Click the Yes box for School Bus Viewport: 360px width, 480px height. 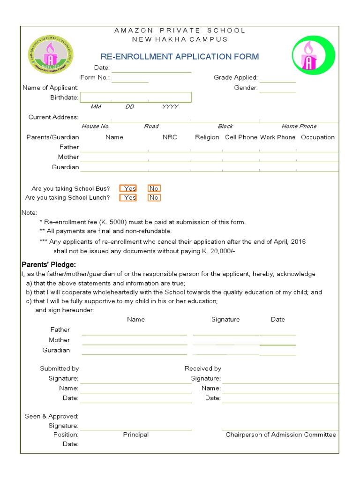click(x=128, y=188)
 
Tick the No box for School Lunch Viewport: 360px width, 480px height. click(x=154, y=197)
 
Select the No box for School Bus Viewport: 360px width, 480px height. click(x=154, y=188)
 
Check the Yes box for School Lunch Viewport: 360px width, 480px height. click(x=128, y=197)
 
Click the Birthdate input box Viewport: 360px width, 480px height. click(x=135, y=97)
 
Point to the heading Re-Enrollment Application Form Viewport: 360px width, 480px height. click(x=180, y=57)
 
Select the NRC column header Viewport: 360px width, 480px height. click(x=170, y=137)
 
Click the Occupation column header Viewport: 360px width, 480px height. click(x=317, y=137)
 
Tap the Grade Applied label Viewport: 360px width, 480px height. click(x=235, y=77)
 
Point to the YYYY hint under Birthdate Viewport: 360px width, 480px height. click(x=170, y=107)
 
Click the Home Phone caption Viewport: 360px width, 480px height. click(x=299, y=126)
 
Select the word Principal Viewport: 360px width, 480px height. click(x=135, y=435)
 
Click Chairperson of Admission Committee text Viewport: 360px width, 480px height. click(x=280, y=435)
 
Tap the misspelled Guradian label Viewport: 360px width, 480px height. click(x=56, y=350)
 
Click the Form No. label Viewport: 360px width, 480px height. click(x=95, y=77)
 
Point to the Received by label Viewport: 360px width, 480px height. click(x=202, y=368)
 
